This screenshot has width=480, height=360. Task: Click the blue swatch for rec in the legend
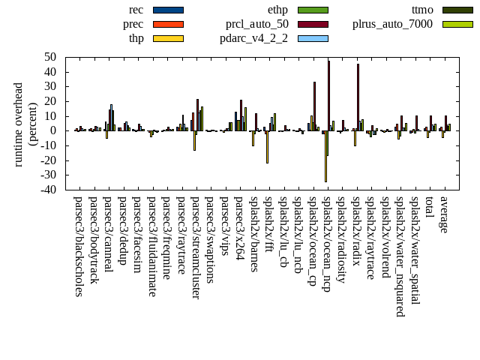168,10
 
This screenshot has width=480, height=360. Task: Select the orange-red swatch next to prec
168,24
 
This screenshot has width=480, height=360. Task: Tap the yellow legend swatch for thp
168,37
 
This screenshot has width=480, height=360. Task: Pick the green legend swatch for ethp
313,10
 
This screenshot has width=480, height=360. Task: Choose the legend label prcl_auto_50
256,24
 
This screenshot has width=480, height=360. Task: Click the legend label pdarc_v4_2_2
253,37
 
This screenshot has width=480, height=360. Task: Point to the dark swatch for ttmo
457,10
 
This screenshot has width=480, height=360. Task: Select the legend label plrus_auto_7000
392,24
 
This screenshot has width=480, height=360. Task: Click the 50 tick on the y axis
51,57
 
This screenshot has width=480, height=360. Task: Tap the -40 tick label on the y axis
49,190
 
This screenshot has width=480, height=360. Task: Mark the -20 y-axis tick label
49,160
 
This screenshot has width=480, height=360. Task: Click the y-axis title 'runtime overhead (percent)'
25,124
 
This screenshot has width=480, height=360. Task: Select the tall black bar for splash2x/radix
358,97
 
